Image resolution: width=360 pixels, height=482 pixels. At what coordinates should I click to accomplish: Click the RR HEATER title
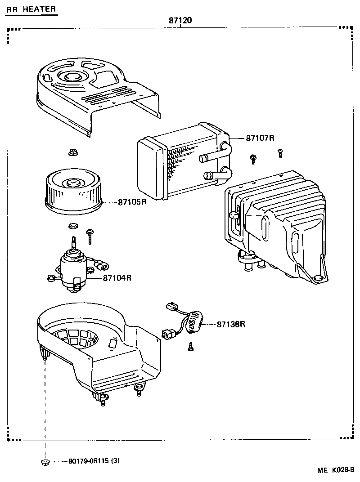coord(31,9)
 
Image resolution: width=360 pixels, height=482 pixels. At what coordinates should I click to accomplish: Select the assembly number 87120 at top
coord(180,21)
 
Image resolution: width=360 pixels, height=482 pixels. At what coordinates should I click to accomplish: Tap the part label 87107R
coord(260,138)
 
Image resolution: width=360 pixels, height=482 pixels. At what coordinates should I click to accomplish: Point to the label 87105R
coord(132,202)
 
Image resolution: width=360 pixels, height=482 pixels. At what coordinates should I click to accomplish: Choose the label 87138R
coord(230,324)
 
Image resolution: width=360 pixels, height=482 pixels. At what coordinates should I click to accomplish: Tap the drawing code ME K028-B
coord(336,471)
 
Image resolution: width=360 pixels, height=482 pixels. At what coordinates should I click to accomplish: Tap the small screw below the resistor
coord(190,346)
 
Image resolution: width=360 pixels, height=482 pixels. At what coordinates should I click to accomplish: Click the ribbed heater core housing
coord(279,225)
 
